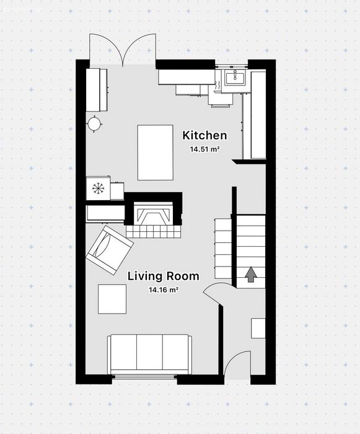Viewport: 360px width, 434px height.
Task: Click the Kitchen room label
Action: (204, 136)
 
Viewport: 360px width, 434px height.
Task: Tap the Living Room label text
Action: (163, 277)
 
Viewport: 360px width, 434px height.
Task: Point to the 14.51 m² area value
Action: (204, 149)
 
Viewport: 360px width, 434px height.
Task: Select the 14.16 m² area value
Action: (163, 290)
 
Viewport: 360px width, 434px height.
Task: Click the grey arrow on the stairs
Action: (251, 274)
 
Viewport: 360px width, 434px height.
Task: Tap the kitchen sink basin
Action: (235, 77)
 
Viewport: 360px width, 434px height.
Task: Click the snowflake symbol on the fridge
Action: (98, 188)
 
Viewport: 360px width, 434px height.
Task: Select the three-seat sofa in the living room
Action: (149, 354)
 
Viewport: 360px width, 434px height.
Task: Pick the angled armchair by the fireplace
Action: (110, 250)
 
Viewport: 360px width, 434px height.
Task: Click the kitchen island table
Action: (156, 153)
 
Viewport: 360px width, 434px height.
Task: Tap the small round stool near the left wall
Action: (94, 124)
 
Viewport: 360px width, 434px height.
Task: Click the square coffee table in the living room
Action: (112, 299)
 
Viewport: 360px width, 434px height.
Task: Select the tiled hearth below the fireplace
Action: (153, 231)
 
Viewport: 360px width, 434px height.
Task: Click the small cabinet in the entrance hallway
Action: (258, 328)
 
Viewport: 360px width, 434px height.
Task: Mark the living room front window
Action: (144, 376)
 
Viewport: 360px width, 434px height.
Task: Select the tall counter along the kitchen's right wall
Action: (258, 115)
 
